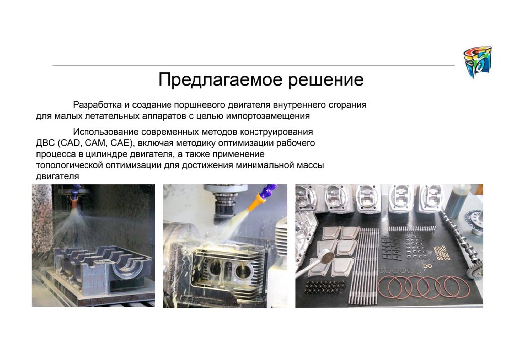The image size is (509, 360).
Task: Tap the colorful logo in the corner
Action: (x=477, y=62)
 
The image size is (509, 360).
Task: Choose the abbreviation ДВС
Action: (x=45, y=143)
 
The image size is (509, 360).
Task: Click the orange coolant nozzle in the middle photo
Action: (x=257, y=200)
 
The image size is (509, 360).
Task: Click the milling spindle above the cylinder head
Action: (x=225, y=202)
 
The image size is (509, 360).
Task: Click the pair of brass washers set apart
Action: (x=427, y=266)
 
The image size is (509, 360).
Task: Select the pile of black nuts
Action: (x=325, y=287)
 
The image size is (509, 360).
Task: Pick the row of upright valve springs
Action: (x=412, y=229)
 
